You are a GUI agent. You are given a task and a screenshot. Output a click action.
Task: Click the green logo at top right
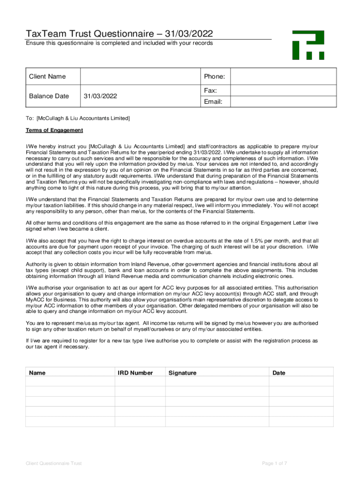[x=308, y=45]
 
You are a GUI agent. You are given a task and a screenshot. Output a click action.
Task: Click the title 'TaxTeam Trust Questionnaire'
[x=113, y=34]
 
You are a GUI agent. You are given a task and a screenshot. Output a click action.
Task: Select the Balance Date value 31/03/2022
[x=100, y=96]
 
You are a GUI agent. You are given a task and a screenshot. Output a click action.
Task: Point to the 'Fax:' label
[x=209, y=90]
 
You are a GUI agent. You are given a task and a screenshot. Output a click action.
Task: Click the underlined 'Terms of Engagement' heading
[x=54, y=130]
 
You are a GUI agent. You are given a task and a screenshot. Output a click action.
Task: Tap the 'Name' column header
[x=37, y=373]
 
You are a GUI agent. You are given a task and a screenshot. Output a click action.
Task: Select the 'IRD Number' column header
[x=136, y=373]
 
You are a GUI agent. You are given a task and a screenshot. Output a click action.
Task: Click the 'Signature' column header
[x=183, y=373]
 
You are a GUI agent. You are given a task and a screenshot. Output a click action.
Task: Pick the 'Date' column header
[x=279, y=373]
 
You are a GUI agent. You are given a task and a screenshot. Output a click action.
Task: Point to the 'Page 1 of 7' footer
[x=274, y=463]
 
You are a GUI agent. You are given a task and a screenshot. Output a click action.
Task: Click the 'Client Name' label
[x=47, y=76]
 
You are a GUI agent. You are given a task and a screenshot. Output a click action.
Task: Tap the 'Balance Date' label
[x=49, y=96]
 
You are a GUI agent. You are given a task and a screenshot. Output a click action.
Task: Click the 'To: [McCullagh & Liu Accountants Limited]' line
[x=78, y=118]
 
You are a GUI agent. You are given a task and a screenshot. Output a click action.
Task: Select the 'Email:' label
[x=213, y=102]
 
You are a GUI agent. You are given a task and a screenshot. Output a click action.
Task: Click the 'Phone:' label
[x=215, y=76]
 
